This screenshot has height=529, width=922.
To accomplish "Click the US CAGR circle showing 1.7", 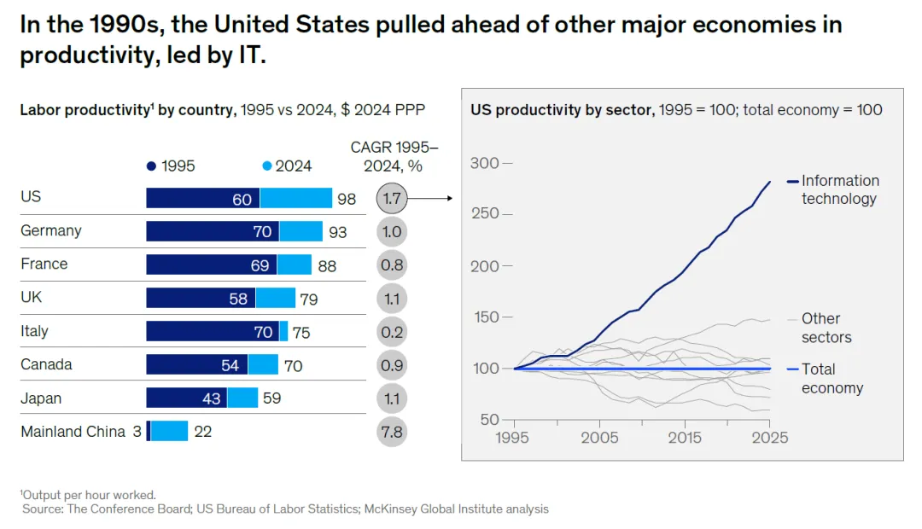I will pos(392,199).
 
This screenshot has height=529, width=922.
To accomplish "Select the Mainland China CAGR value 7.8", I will pos(392,432).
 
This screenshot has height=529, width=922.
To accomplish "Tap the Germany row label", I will pos(51,230).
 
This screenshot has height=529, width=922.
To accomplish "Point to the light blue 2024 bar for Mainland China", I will pos(169,432).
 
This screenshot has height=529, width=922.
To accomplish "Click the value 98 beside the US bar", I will pos(347,200).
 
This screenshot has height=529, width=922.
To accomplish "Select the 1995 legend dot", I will pos(152,166).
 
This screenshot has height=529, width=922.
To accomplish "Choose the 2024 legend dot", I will pos(267,166).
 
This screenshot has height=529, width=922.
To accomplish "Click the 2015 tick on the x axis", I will pos(685,438).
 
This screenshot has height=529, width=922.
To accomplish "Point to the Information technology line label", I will pos(839,189).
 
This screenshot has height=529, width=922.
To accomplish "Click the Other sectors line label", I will pos(826,328).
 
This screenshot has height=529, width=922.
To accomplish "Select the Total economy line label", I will pos(832,379).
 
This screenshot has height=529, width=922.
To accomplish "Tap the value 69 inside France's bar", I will pos(260,265).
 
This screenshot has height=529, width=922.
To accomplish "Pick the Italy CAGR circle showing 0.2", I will pos(392,332).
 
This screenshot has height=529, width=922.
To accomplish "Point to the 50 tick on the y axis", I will pos(490,419).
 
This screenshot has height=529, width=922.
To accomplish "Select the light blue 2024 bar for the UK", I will pos(276,299).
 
